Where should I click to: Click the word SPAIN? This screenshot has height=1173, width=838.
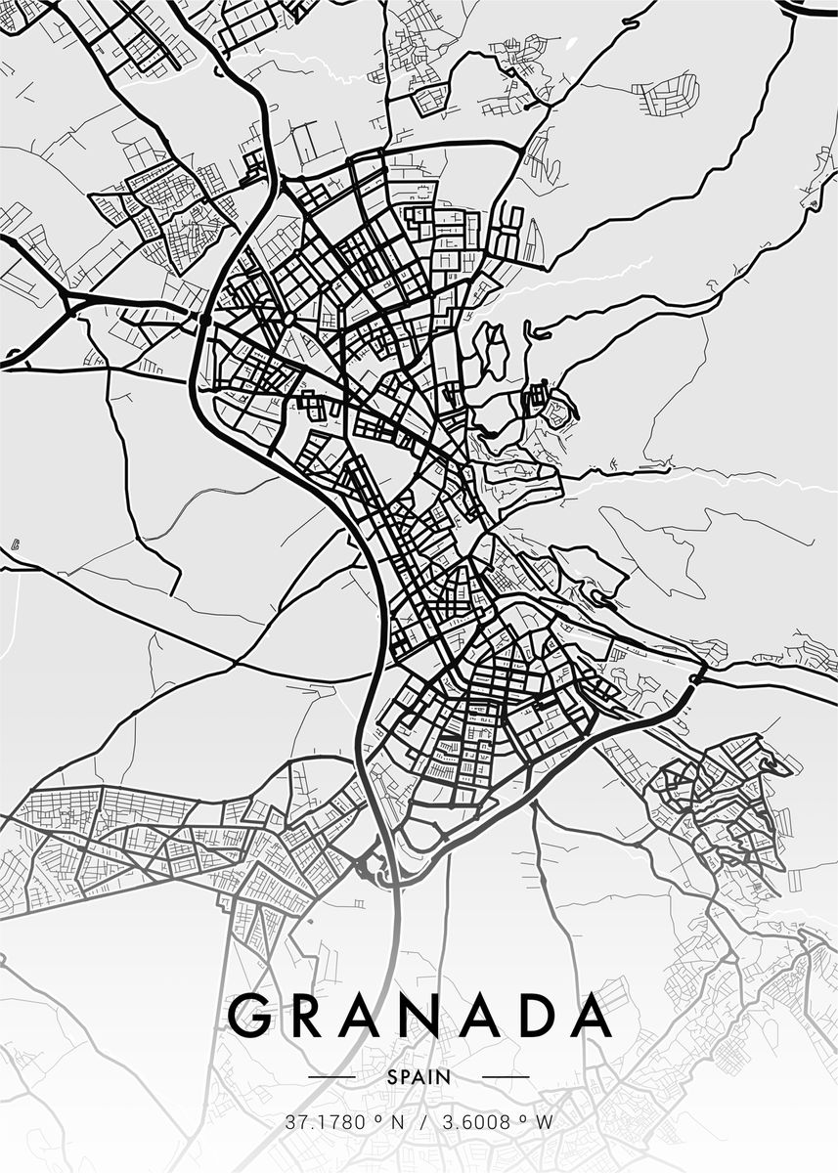419,1077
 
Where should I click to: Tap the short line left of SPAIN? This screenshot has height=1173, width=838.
331,1077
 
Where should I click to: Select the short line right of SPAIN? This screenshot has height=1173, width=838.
506,1077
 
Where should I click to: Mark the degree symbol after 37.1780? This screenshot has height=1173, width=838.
375,1119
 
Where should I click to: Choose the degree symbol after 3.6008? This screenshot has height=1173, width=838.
525,1119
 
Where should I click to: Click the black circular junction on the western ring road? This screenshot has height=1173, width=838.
204,319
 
